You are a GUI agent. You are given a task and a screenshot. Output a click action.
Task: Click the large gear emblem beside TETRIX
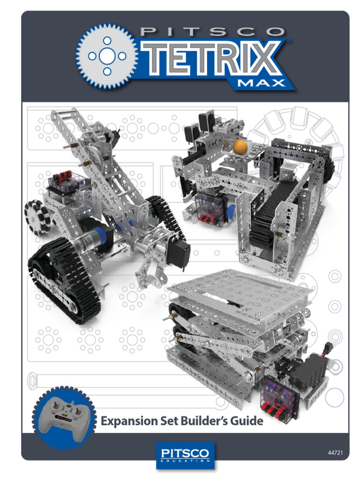(107, 56)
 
